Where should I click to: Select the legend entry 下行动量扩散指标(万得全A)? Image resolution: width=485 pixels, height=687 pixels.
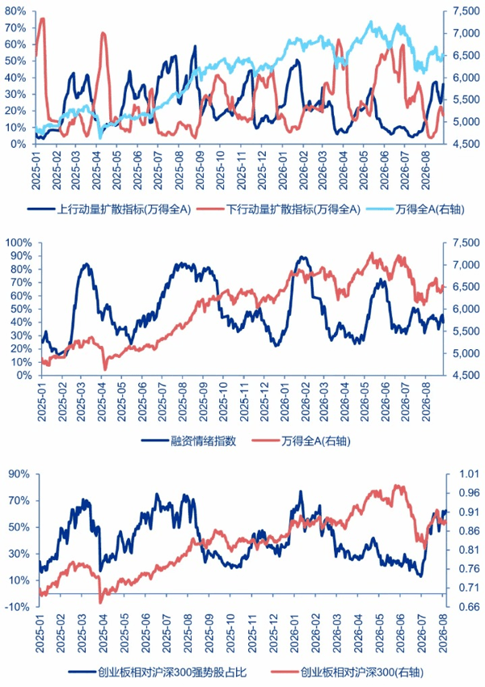coord(279,209)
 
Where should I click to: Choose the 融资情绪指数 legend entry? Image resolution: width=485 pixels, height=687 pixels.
coord(189,440)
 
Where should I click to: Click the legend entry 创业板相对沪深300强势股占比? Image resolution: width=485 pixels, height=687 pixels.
coord(158,672)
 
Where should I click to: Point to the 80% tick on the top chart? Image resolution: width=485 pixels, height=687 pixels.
coord(15,11)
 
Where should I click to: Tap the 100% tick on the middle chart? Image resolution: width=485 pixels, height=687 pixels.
coord(19,242)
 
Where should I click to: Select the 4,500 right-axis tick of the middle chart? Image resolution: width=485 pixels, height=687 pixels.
coord(466,376)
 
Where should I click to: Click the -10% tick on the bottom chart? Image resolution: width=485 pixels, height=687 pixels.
coord(18,607)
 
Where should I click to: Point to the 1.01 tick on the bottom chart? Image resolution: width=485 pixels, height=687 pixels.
coord(469,474)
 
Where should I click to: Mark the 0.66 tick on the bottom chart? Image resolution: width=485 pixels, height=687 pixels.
coord(469,607)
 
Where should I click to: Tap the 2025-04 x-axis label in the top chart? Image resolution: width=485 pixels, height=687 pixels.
coord(96,171)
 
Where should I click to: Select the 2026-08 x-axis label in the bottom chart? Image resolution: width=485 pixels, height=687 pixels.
coord(444,633)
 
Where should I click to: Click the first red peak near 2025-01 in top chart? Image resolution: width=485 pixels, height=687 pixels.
coord(43,19)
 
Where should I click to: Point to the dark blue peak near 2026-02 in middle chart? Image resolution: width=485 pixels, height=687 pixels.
coord(302,257)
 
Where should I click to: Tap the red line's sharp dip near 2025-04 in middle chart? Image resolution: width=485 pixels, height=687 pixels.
coord(105,369)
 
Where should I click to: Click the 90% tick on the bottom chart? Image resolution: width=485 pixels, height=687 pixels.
coord(19,474)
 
